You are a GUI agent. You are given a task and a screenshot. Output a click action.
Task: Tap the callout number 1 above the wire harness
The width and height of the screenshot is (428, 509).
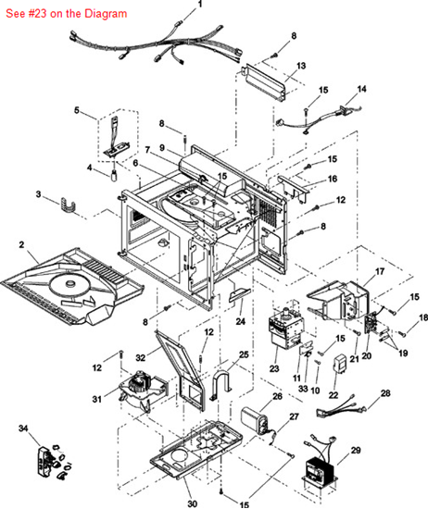(x=198, y=5)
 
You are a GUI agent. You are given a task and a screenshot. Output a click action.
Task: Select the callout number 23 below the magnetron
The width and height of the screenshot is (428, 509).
(x=273, y=369)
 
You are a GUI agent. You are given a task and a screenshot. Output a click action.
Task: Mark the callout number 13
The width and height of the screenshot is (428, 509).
(x=300, y=68)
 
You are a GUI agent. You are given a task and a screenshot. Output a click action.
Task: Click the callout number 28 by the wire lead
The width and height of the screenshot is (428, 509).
(x=385, y=393)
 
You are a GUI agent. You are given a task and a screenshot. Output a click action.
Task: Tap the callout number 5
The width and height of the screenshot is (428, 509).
(x=78, y=111)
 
